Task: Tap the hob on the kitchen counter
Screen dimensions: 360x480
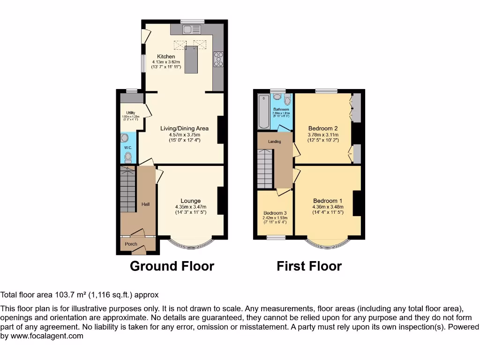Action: coord(218,59)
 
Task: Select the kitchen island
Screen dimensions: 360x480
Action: coord(191,60)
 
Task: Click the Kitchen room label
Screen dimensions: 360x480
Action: coord(166,57)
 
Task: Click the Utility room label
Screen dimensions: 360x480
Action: coord(130,112)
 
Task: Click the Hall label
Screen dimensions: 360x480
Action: coord(146,204)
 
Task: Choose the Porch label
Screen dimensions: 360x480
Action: coord(131,244)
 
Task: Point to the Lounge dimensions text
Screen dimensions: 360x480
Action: coord(190,210)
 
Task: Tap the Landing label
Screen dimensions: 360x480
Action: coord(274,142)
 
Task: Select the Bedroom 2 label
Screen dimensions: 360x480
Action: coord(323,128)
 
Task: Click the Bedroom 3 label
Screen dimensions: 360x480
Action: coord(275,212)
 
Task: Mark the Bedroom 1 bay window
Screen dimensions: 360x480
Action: coord(328,243)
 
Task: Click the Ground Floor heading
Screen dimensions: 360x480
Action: coord(172,266)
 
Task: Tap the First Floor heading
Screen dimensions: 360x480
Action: coord(309,266)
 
